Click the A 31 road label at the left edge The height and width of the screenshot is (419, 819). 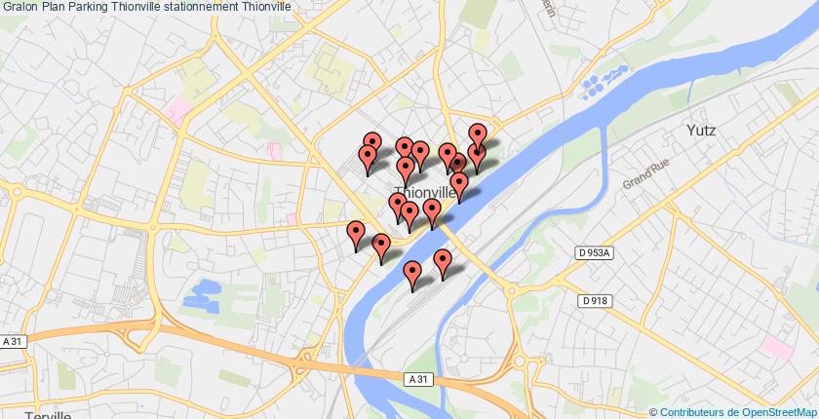12,341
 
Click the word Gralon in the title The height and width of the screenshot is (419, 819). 19,7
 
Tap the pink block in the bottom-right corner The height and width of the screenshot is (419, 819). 779,345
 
